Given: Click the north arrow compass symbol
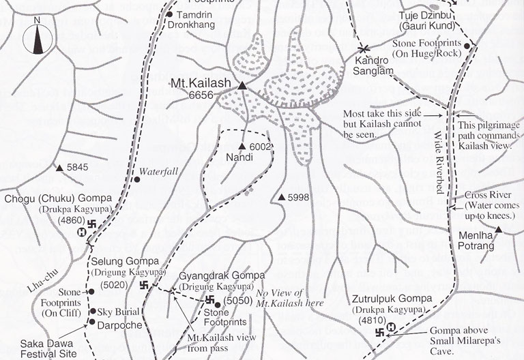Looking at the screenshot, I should [x=37, y=41].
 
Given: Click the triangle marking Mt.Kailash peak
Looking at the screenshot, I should [x=242, y=85].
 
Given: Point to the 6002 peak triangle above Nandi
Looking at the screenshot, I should [x=242, y=147].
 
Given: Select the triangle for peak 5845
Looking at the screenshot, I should [x=60, y=167].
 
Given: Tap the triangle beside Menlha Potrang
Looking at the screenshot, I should [x=499, y=230].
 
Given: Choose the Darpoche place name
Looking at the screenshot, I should [x=119, y=325].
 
